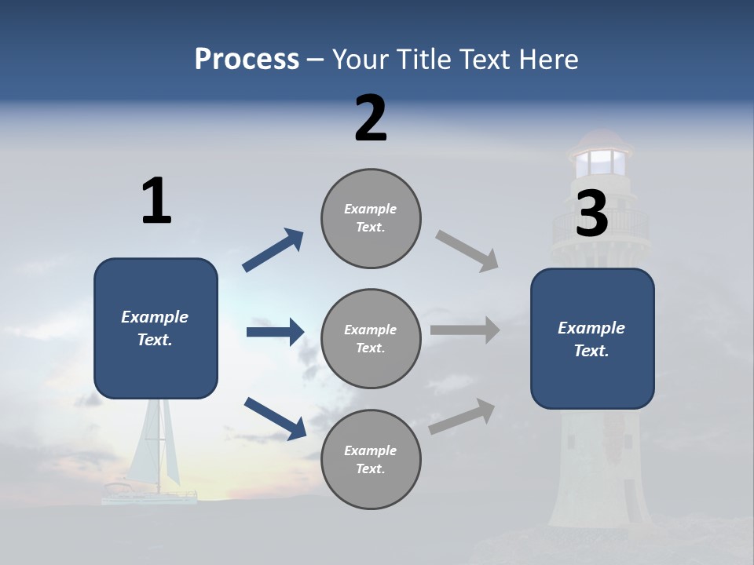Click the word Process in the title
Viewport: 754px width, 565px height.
[247, 59]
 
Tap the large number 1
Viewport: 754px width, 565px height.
[156, 200]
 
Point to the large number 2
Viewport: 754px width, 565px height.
[371, 118]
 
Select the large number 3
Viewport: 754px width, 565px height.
[591, 213]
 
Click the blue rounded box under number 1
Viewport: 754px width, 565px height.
[156, 328]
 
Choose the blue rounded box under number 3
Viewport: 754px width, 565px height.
[592, 339]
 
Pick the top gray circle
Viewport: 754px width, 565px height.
[371, 218]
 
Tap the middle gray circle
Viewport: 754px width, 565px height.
[371, 339]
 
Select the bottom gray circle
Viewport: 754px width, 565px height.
[371, 459]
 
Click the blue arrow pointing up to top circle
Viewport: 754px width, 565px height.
[273, 250]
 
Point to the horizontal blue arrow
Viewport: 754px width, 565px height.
[276, 331]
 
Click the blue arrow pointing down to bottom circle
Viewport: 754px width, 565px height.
[276, 418]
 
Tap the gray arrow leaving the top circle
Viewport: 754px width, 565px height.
[467, 251]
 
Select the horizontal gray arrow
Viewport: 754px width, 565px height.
[465, 330]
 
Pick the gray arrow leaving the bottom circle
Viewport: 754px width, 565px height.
[462, 417]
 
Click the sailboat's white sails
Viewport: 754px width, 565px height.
[154, 442]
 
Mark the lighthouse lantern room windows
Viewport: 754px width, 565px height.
[601, 162]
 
